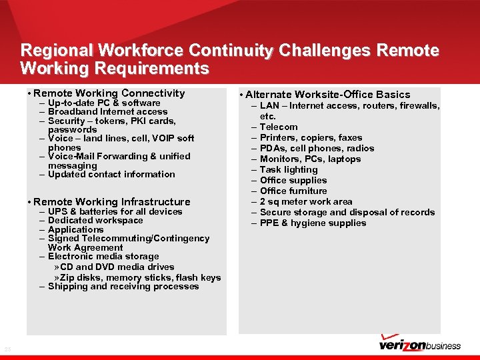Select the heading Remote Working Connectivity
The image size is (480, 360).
coord(109,93)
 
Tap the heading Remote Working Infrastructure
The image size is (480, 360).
coord(111,201)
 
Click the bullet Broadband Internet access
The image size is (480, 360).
coord(107,112)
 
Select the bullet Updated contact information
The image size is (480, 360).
coord(111,174)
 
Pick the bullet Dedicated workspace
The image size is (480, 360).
coord(95,220)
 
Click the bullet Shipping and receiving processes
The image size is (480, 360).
coord(123,286)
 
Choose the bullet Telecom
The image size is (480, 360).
coord(279,127)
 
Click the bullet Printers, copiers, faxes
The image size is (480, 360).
coord(311,137)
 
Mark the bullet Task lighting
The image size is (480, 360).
coord(289,169)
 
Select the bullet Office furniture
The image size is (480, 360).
coord(293,191)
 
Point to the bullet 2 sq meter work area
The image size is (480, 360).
coord(306,201)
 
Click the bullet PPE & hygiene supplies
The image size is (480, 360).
coord(313,223)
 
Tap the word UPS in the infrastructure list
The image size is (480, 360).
coord(57,211)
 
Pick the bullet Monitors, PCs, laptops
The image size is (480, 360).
coord(310,159)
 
